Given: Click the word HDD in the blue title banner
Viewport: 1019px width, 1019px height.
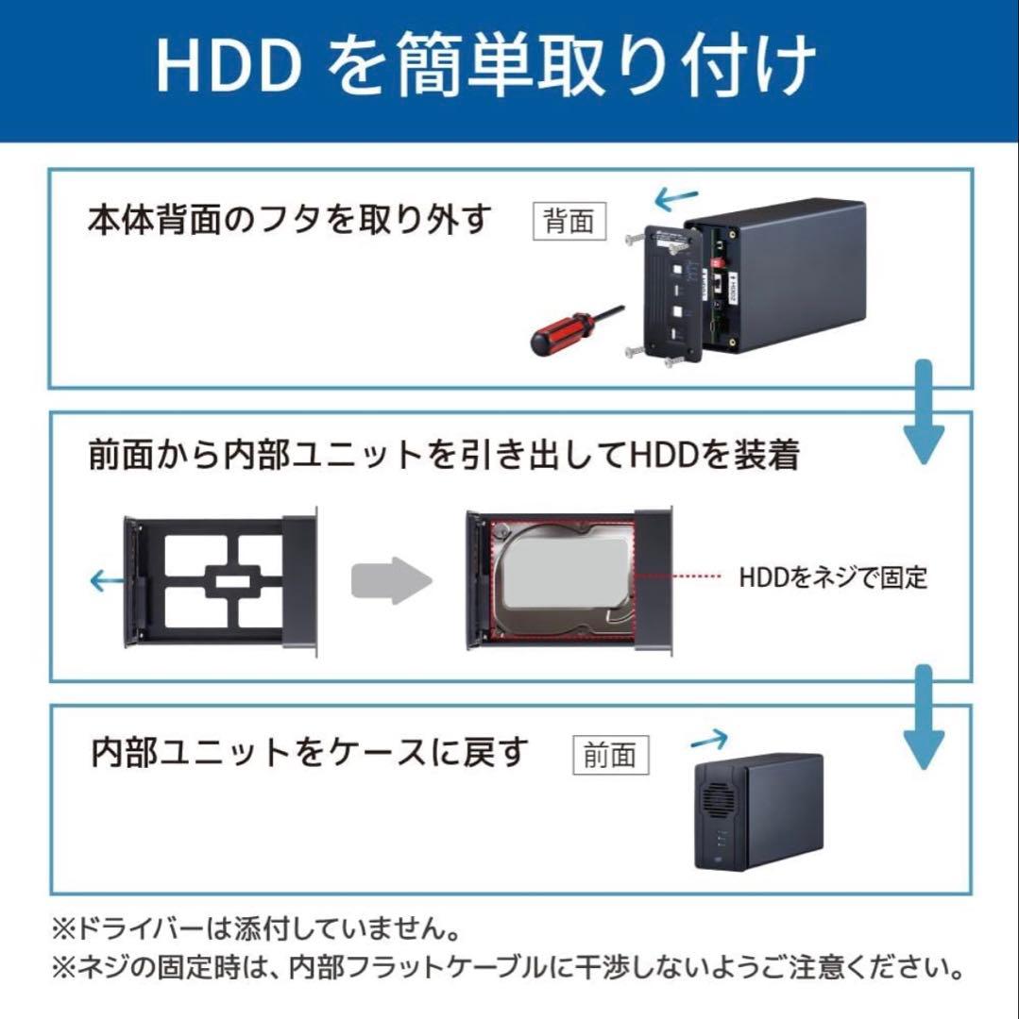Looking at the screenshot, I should [x=227, y=65].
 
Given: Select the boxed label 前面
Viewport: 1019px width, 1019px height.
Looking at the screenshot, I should [x=610, y=755].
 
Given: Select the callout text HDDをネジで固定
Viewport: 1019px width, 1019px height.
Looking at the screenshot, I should [x=833, y=577].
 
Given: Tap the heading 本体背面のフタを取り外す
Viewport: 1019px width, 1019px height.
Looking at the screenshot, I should [x=290, y=220].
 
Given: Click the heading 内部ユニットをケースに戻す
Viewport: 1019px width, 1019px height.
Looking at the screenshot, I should [x=309, y=753].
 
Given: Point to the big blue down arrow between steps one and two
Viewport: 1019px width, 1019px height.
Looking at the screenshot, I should [x=924, y=415].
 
